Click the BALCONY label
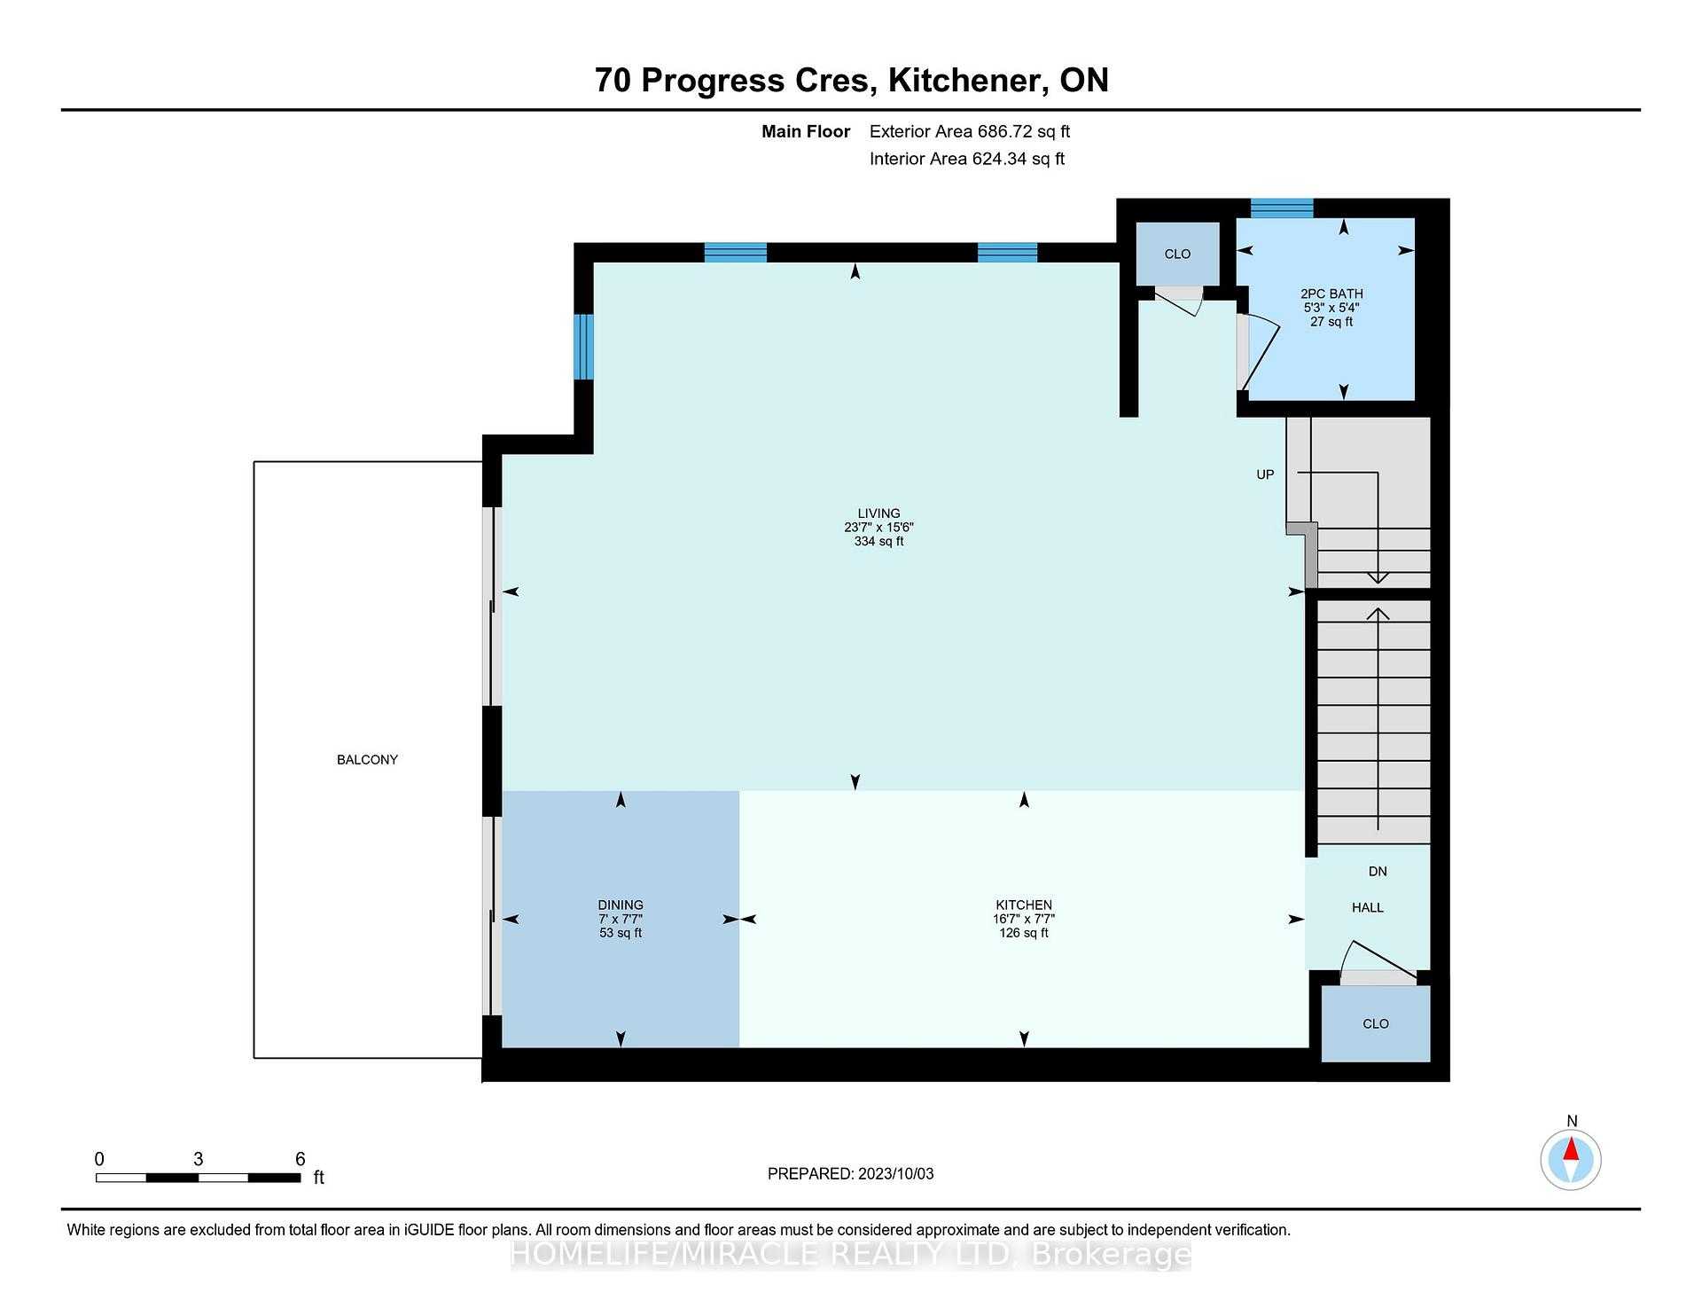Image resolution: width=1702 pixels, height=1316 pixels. (x=367, y=760)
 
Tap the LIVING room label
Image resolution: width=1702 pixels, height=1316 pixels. (x=878, y=513)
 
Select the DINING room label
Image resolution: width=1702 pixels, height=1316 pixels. (x=621, y=905)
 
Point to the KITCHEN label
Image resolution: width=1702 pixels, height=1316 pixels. (x=1024, y=905)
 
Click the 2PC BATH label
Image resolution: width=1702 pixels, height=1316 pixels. (x=1331, y=294)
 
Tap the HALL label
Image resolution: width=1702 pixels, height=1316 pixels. (x=1368, y=908)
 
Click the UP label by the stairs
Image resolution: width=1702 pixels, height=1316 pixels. (x=1265, y=474)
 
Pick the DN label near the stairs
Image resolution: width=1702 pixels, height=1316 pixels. (x=1378, y=872)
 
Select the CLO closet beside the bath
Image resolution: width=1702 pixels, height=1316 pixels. (x=1177, y=255)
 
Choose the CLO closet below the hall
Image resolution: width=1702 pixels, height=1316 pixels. (x=1376, y=1023)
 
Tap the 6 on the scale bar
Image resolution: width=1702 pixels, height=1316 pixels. (x=301, y=1159)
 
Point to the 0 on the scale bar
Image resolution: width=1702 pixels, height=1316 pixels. (x=99, y=1159)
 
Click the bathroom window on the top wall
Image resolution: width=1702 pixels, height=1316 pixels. (x=1282, y=208)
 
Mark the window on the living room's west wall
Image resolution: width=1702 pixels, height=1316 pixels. (x=583, y=347)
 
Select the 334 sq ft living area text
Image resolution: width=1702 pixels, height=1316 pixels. (x=878, y=541)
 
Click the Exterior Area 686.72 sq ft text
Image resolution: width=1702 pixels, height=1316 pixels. (x=970, y=132)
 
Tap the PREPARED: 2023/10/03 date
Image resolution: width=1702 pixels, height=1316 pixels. (x=851, y=1174)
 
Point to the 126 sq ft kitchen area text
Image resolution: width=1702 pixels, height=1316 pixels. (x=1024, y=933)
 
